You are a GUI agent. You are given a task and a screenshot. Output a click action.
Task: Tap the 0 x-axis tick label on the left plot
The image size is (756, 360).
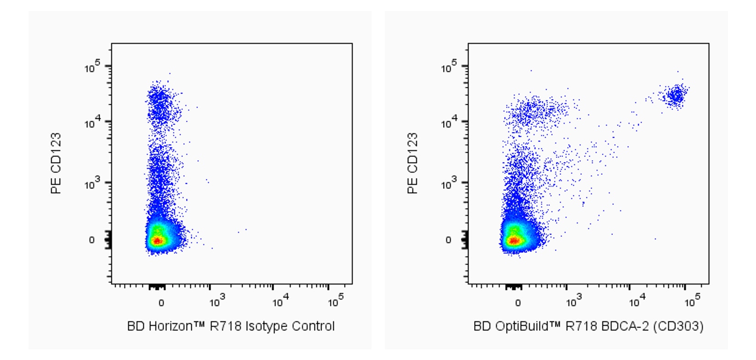point(161,303)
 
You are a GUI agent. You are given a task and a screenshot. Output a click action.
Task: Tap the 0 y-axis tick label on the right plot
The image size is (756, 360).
point(448,240)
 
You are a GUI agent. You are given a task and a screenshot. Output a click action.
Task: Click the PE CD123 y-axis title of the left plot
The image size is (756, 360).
point(56,163)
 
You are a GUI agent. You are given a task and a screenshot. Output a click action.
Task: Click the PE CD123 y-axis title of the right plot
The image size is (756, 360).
point(412,163)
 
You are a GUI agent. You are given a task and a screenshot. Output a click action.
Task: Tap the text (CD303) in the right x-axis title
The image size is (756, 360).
point(678,326)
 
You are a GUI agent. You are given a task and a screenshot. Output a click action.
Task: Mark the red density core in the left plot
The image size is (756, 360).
point(157,240)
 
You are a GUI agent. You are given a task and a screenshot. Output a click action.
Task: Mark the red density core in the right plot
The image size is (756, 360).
point(513,240)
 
